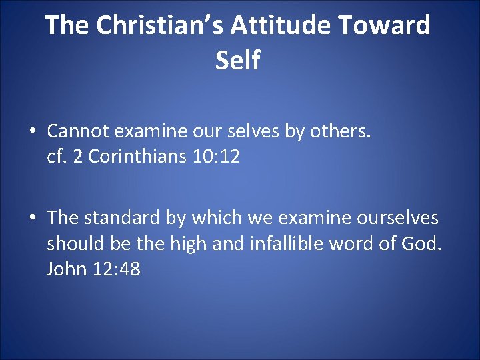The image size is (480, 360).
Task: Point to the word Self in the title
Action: (238, 61)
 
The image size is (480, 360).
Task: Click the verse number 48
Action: (128, 269)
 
